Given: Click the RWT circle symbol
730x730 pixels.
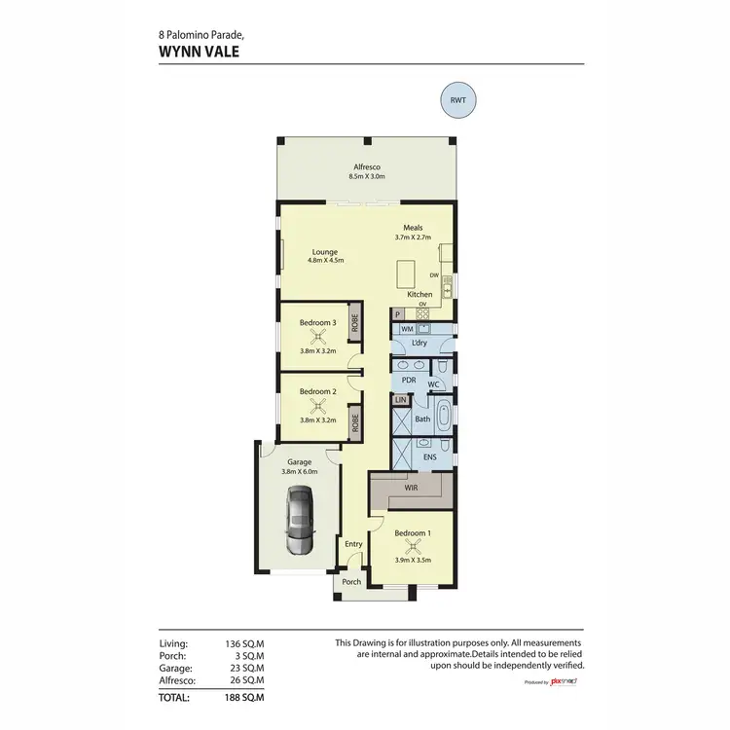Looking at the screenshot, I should pos(458,100).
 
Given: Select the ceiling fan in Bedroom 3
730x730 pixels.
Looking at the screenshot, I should pos(317,338).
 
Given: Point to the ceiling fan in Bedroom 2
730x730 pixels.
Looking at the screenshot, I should pos(317,407).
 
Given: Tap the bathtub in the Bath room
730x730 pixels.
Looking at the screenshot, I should pos(445,417).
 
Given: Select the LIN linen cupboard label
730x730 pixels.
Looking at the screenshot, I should pos(399,400).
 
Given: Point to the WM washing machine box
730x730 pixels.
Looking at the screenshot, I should pos(408,331).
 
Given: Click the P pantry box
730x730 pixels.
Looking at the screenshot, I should pos(398,314).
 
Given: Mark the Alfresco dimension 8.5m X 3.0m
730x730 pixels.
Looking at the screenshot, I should pos(367,177).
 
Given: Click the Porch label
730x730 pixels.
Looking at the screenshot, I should pos(351,582).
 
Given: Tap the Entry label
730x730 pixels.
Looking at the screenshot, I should pos(353,544).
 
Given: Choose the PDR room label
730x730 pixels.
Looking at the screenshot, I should pos(409,381).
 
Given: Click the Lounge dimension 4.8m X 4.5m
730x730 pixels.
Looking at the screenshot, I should pos(324,260).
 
